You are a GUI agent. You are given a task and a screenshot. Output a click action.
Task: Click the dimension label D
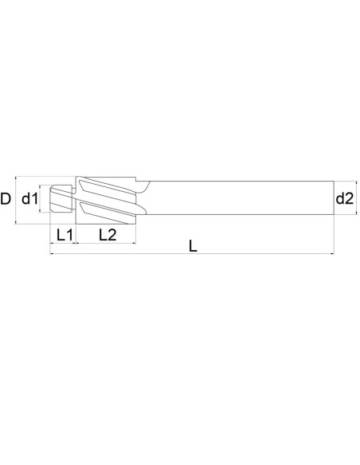(6, 198)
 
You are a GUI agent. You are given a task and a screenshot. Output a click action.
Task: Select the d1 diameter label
(30, 198)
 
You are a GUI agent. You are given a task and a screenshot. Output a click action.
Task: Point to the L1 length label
(64, 235)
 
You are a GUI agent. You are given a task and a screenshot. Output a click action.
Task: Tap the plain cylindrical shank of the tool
(239, 198)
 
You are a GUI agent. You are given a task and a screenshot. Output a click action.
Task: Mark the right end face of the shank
(334, 198)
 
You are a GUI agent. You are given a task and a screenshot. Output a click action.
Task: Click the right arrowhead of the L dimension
(331, 256)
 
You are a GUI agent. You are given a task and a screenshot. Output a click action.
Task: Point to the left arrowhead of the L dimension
(53, 256)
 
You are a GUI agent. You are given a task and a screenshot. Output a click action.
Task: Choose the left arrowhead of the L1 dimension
(53, 243)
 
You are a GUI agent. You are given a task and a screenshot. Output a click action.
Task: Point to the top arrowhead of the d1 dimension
(42, 188)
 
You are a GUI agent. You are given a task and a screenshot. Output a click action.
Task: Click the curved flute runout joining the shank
(144, 186)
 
